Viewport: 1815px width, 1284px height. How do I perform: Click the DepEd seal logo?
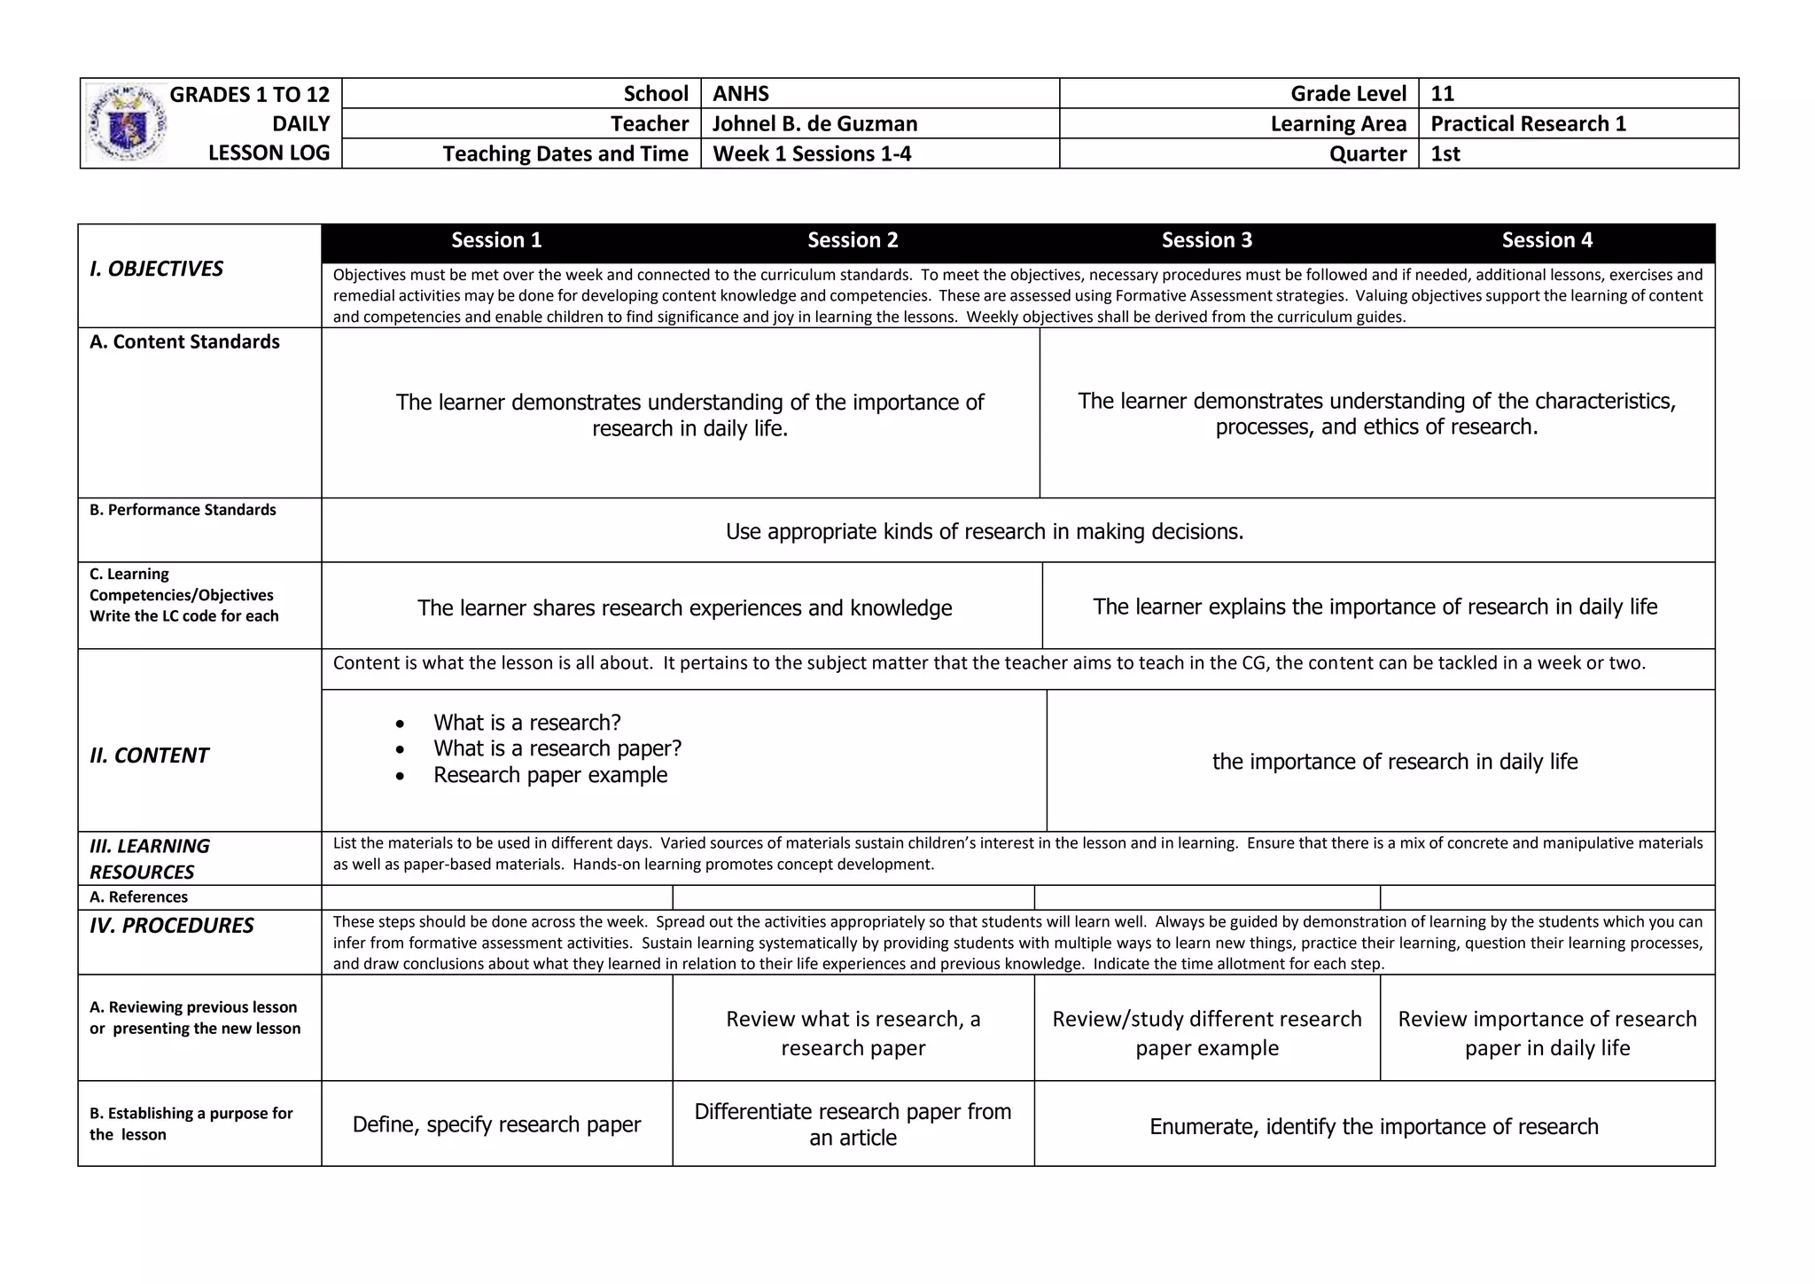(x=127, y=123)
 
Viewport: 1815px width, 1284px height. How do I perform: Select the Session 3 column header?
(x=1206, y=240)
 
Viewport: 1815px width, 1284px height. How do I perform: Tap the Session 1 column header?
(x=496, y=240)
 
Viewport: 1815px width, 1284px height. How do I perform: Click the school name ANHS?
(x=741, y=94)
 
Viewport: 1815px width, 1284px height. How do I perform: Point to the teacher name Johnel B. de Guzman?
(x=814, y=124)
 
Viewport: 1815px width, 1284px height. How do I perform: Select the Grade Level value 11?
(x=1442, y=94)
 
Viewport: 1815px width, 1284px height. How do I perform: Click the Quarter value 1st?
(x=1445, y=154)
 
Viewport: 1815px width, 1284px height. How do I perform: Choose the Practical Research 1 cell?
(x=1528, y=124)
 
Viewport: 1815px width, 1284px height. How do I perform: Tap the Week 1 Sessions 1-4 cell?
(x=812, y=154)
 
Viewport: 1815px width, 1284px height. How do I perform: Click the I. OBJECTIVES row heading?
(x=157, y=269)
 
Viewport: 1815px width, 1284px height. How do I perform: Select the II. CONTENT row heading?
(x=149, y=756)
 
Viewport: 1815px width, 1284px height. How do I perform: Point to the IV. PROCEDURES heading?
(x=172, y=926)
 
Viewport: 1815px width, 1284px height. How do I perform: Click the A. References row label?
(x=138, y=897)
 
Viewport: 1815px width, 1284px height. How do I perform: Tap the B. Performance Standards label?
(x=183, y=510)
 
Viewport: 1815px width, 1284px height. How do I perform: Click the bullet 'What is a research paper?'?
(x=557, y=748)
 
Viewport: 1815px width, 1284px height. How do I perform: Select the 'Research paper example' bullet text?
(x=550, y=775)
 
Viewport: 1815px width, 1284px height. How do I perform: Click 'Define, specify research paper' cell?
(x=496, y=1124)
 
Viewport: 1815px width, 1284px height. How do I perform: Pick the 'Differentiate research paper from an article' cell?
(x=853, y=1124)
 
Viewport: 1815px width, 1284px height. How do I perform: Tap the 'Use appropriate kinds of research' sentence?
(x=985, y=531)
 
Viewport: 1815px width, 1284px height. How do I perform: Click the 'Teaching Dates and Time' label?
(x=565, y=154)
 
